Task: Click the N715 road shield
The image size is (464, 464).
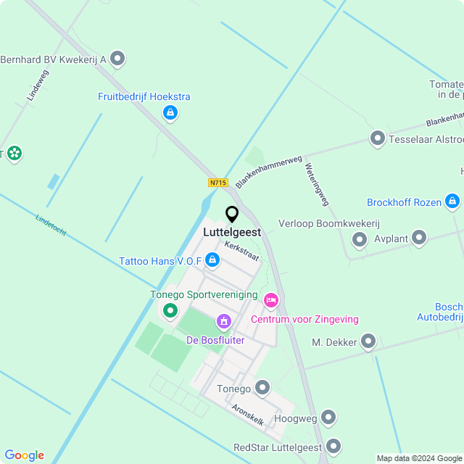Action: [x=218, y=183]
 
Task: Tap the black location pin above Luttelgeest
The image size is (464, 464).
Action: [x=232, y=215]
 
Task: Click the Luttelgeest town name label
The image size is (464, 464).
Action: [x=232, y=233]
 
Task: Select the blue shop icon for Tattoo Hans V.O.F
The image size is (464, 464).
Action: [x=212, y=260]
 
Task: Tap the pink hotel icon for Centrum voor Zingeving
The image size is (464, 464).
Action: [x=271, y=300]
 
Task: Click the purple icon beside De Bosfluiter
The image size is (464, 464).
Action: [x=224, y=320]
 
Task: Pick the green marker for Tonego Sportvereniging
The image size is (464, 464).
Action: [x=170, y=311]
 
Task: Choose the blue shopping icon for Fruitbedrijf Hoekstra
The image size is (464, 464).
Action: [x=170, y=112]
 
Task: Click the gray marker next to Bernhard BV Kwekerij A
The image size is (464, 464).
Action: [x=117, y=59]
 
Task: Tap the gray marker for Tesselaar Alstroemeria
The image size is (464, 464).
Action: [x=377, y=138]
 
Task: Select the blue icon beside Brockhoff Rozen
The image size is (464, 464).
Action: [x=452, y=201]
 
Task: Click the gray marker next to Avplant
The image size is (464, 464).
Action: [x=419, y=237]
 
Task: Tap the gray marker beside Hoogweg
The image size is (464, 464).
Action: [x=328, y=417]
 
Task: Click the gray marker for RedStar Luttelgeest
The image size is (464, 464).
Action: [x=333, y=446]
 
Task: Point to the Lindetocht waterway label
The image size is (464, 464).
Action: [x=51, y=225]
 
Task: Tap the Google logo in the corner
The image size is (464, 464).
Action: [x=24, y=455]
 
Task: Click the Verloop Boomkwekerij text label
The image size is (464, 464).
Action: [x=329, y=223]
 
